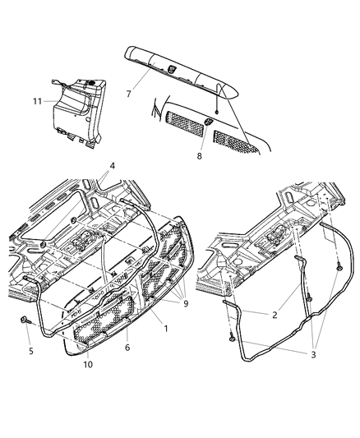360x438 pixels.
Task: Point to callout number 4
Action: (112, 166)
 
